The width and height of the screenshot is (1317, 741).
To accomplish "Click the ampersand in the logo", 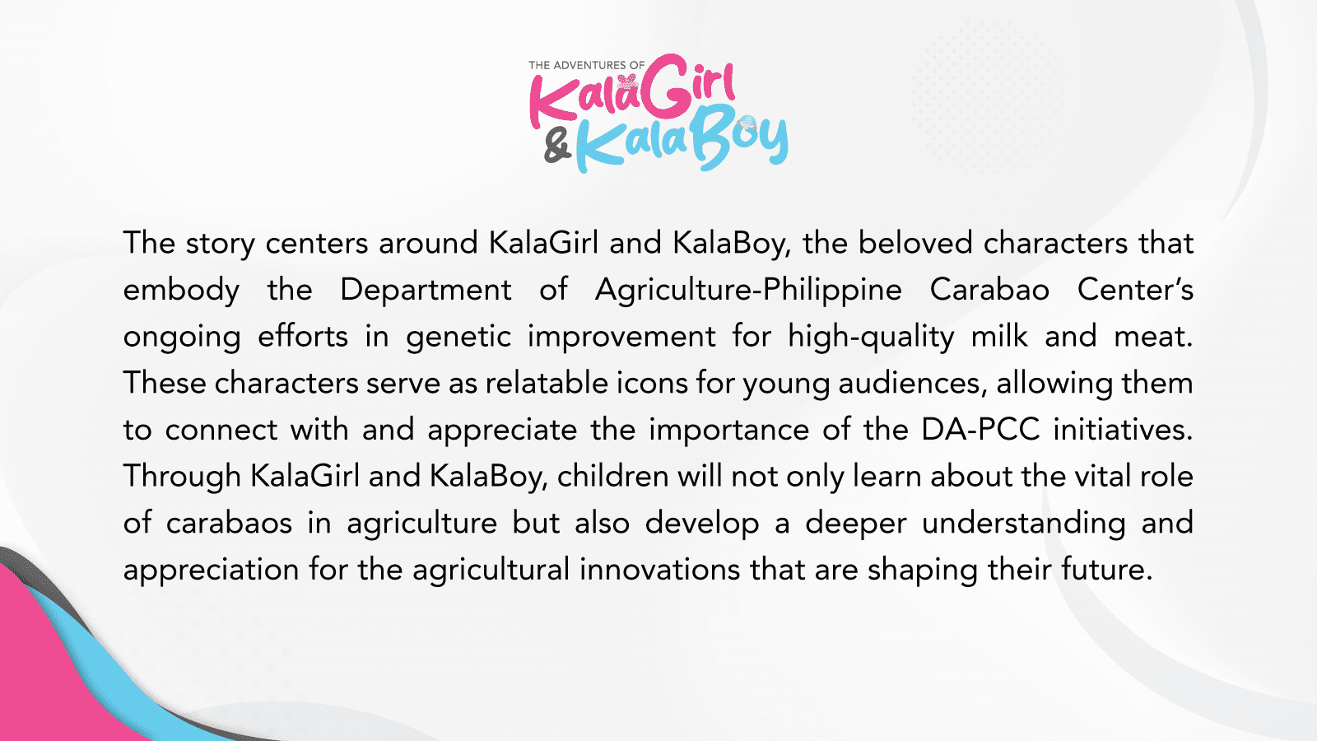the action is click(x=557, y=147).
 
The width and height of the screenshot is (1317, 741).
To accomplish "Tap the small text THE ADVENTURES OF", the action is click(x=586, y=65).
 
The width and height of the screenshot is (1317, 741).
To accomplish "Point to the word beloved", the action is click(x=915, y=242).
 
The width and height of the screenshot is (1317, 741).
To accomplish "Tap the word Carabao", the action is click(x=989, y=289).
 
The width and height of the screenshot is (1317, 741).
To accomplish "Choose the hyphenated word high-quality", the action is click(x=872, y=337).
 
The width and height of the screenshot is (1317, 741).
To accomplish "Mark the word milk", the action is click(x=999, y=336).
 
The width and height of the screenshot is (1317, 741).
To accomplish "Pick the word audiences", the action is click(x=910, y=384).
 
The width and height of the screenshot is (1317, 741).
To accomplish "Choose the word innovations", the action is click(x=659, y=569).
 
